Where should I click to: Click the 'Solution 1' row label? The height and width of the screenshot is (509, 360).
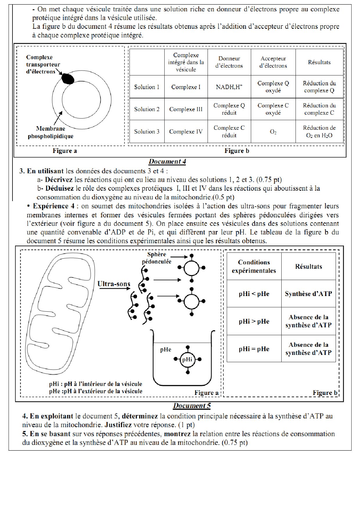tap(147, 87)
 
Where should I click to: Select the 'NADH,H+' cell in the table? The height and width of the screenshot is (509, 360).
tap(229, 87)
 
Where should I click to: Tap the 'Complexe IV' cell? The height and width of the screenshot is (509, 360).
tap(186, 132)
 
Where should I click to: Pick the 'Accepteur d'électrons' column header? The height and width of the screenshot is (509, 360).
tap(273, 62)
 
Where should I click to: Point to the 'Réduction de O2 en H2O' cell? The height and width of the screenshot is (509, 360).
tap(319, 132)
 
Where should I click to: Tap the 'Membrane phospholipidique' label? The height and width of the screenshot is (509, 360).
tap(51, 132)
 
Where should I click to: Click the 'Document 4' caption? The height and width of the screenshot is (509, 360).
tap(167, 162)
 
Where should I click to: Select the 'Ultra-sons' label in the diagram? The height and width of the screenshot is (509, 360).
tap(114, 284)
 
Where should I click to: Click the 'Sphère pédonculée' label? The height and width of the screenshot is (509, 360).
tap(156, 258)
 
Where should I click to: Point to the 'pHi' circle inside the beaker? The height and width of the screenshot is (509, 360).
tap(187, 360)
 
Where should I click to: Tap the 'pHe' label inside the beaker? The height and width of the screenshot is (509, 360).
tap(165, 350)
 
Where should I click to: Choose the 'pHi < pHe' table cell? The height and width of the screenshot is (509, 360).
tap(254, 294)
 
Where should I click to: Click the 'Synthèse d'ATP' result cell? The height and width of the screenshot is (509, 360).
tap(308, 294)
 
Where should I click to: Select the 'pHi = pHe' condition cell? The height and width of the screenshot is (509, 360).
tap(254, 349)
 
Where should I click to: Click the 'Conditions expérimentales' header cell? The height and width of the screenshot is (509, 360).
tap(254, 266)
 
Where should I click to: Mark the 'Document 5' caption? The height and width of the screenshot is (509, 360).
tap(192, 406)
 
